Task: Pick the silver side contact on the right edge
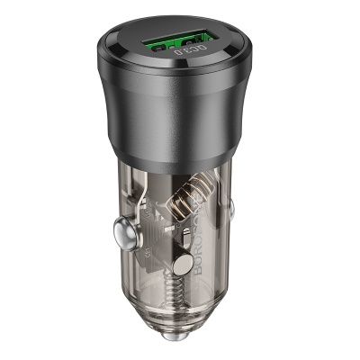[231, 211]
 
